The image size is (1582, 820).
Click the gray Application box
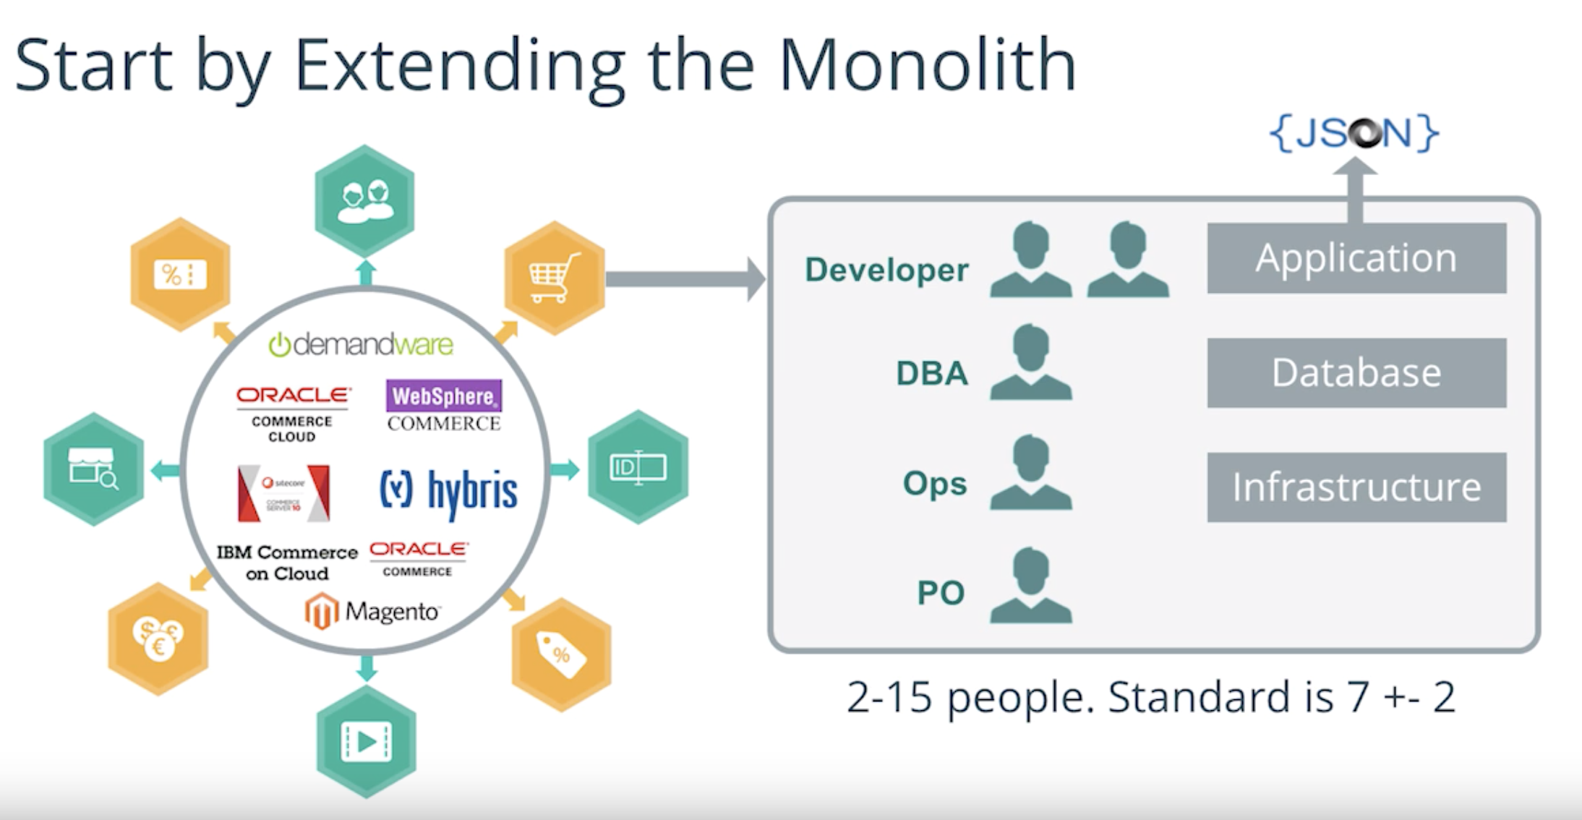pos(1356,258)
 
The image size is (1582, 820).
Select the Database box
pos(1356,373)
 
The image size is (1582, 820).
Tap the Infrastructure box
pos(1356,487)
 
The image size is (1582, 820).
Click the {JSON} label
pos(1354,133)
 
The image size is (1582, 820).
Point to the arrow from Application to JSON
pos(1355,192)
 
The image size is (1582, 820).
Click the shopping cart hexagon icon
pos(555,278)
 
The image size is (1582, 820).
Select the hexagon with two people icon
pos(365,201)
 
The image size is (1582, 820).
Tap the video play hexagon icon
pos(367,741)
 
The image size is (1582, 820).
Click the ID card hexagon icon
pos(638,467)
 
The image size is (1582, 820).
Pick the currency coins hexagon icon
pos(158,639)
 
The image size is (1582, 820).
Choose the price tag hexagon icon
pos(562,654)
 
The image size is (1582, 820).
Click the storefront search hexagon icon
pos(93,469)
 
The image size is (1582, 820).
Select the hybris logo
pos(448,491)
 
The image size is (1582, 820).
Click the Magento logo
pos(372,612)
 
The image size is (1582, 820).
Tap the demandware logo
pos(361,345)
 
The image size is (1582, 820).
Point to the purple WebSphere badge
pos(444,396)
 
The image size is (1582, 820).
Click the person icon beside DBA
pos(1031,362)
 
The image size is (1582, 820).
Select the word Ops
pos(934,484)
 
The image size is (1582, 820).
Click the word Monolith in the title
pos(927,67)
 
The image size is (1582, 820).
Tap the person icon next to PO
pos(1031,586)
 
